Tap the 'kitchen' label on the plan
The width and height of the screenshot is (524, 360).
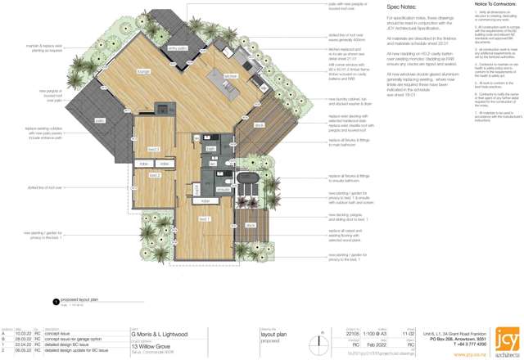230,76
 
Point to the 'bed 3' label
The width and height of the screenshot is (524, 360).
153,150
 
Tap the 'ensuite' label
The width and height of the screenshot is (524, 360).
224,189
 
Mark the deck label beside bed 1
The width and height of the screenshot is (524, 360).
251,225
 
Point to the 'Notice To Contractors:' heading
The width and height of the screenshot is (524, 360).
494,4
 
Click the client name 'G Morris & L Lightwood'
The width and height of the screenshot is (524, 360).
160,335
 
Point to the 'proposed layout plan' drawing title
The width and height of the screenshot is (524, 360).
79,300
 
